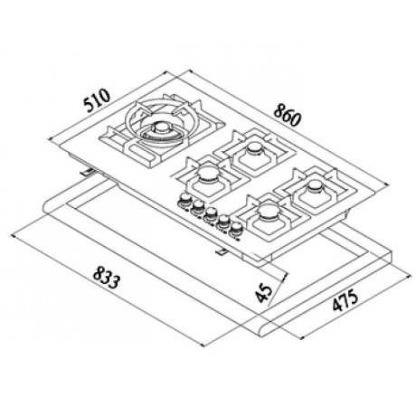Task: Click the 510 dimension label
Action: [97, 99]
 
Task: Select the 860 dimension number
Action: [288, 115]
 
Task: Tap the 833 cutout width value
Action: [107, 278]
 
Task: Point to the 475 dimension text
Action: [345, 299]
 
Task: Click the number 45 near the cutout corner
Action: [263, 293]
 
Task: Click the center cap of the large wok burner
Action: [163, 128]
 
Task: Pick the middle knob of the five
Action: [210, 213]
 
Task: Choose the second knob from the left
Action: [198, 206]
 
